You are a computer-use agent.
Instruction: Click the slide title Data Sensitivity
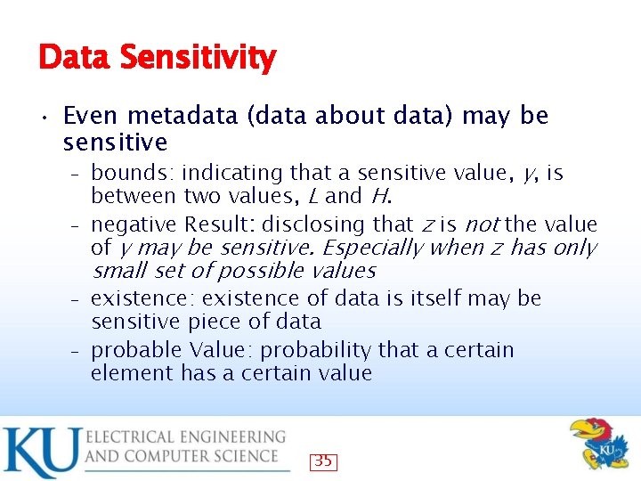point(157,59)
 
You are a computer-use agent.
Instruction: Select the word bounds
point(127,173)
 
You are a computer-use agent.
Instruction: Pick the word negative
point(134,224)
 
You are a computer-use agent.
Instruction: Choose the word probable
point(135,350)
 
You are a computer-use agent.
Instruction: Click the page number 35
point(324,461)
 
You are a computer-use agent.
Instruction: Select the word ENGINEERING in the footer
point(226,437)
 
